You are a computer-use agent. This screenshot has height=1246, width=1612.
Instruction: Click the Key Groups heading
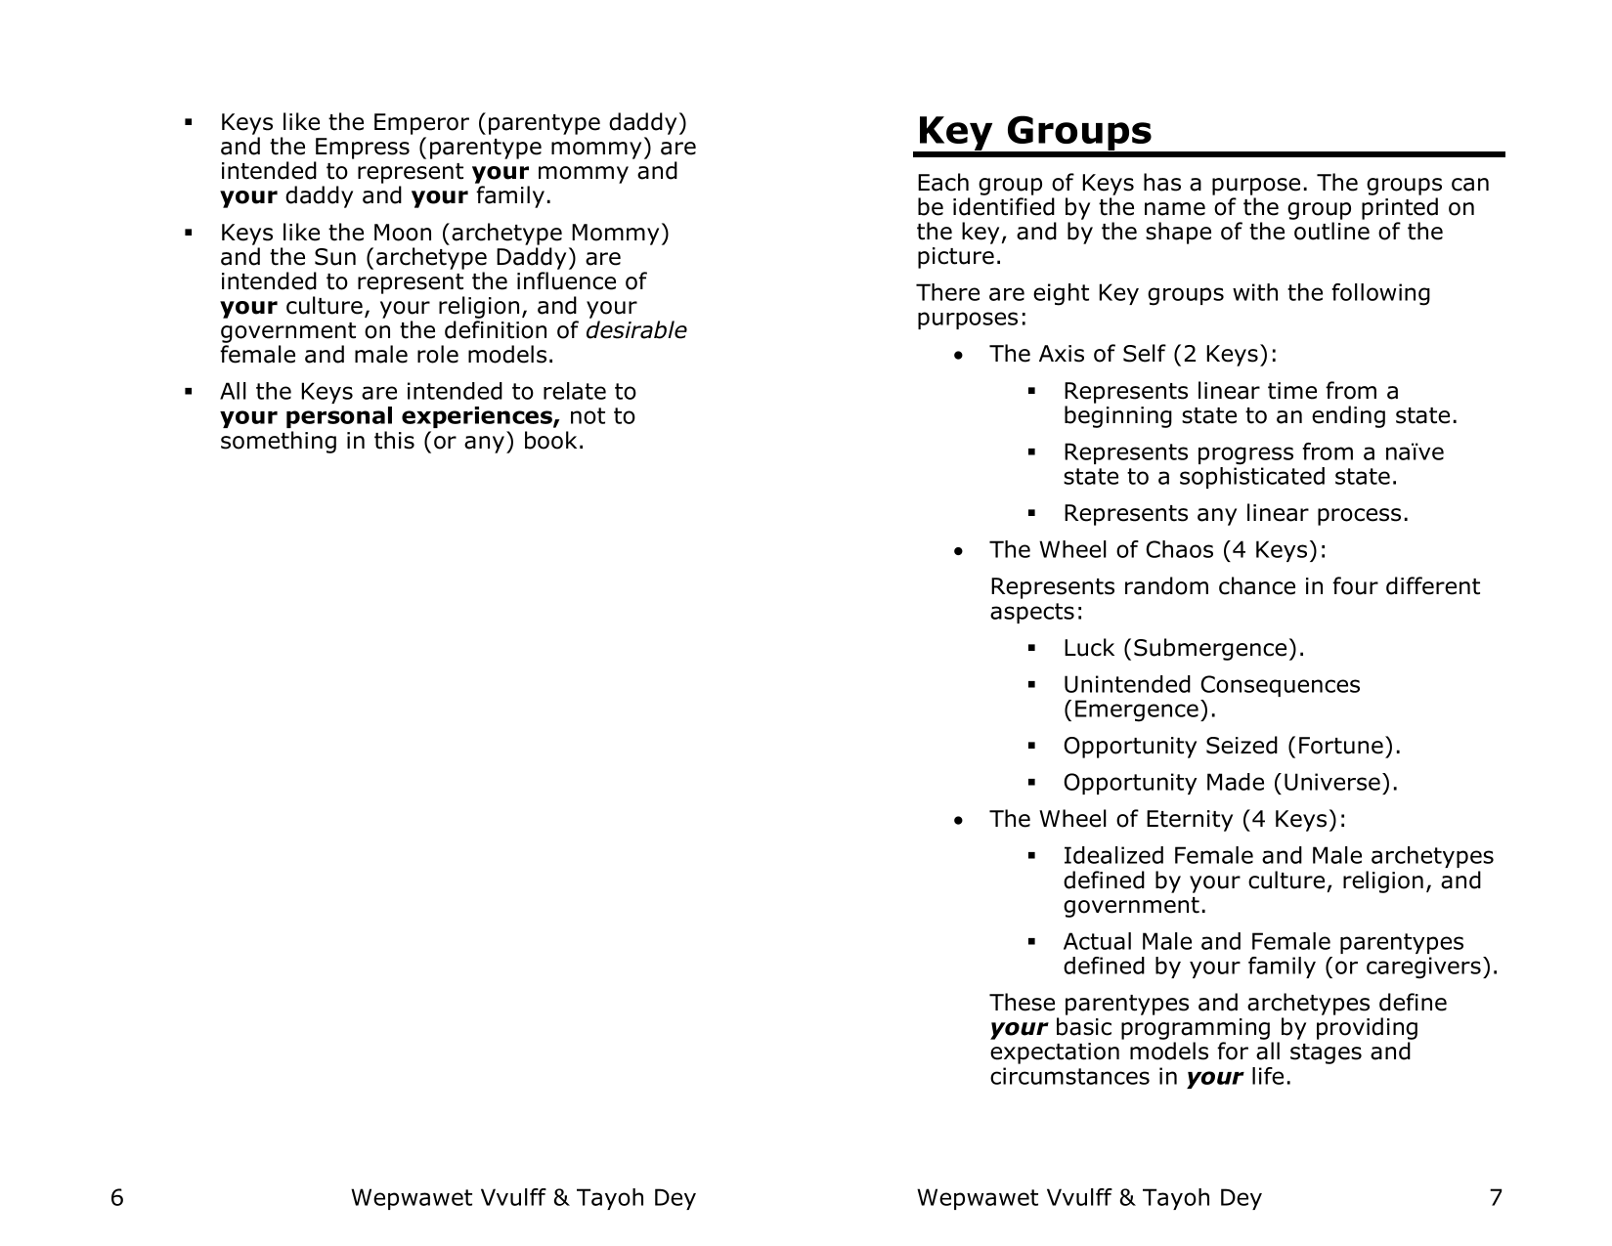coord(1034,131)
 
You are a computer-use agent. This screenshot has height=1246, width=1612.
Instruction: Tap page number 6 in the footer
coord(117,1197)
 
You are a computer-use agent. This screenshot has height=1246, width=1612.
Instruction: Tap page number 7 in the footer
coord(1495,1197)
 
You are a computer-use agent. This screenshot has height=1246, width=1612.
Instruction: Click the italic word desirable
coord(642,330)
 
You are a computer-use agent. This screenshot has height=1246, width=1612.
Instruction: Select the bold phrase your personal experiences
coord(390,416)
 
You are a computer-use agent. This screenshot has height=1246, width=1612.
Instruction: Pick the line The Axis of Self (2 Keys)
coord(1133,354)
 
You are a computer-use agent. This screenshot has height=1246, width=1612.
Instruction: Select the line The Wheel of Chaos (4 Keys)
coord(1157,550)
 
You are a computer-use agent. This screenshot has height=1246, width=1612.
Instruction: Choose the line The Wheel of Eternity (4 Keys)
coord(1167,819)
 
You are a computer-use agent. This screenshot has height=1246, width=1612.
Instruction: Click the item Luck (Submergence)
coord(1183,648)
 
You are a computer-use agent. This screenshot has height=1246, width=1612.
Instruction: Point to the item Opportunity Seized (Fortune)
coord(1232,746)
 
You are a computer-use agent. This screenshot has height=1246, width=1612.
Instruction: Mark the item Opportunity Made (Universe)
coord(1230,783)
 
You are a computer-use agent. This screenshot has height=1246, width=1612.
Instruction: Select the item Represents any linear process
coord(1236,513)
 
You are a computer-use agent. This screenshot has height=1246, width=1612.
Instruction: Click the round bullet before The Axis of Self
coord(962,355)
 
